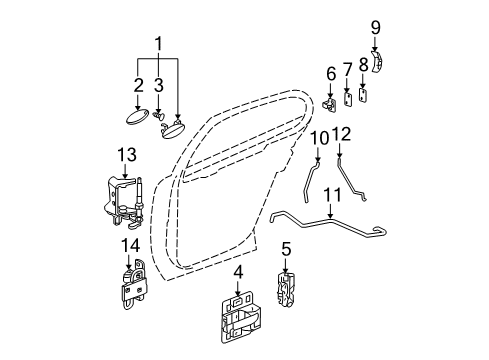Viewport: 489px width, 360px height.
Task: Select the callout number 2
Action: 138,87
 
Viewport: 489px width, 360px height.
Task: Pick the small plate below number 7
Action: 348,99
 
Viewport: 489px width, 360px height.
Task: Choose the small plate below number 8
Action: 364,97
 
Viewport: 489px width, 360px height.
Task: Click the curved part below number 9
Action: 377,61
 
